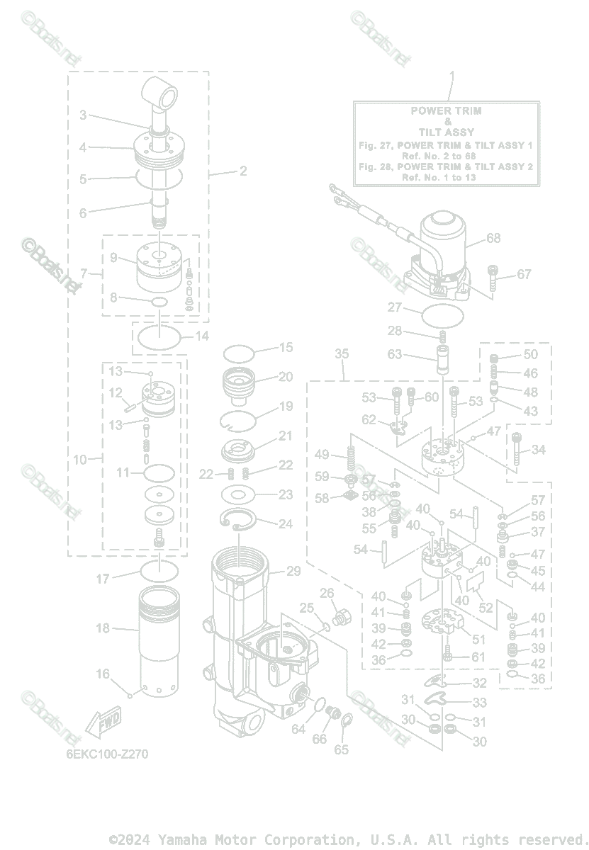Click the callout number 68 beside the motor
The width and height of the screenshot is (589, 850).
tap(493, 239)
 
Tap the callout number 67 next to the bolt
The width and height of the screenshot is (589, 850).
tap(524, 274)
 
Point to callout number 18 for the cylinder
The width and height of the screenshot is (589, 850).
tap(103, 628)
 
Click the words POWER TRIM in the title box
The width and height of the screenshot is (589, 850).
tap(446, 110)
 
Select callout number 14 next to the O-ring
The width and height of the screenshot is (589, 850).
tap(202, 336)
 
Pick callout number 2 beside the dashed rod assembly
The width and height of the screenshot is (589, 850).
tap(242, 171)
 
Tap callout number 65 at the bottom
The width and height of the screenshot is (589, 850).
tap(342, 749)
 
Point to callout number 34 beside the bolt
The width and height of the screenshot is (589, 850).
tap(539, 450)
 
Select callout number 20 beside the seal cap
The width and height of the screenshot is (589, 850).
tap(285, 377)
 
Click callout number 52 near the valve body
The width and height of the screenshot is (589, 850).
tap(486, 608)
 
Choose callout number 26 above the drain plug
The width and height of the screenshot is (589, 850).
tap(327, 593)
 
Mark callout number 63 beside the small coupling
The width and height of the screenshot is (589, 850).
tap(394, 354)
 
